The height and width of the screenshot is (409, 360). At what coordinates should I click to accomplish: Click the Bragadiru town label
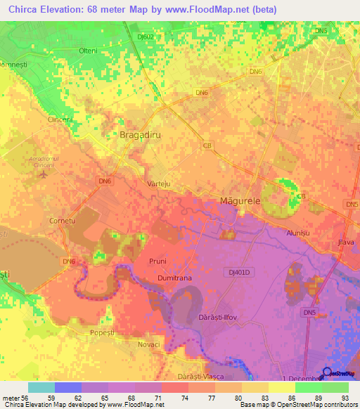(139, 134)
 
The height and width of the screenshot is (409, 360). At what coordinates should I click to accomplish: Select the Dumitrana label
(174, 278)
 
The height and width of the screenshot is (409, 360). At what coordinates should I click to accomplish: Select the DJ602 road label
(146, 37)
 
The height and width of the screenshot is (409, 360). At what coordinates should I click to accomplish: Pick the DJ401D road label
(240, 271)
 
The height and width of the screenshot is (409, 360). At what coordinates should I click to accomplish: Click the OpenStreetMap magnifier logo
(328, 372)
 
